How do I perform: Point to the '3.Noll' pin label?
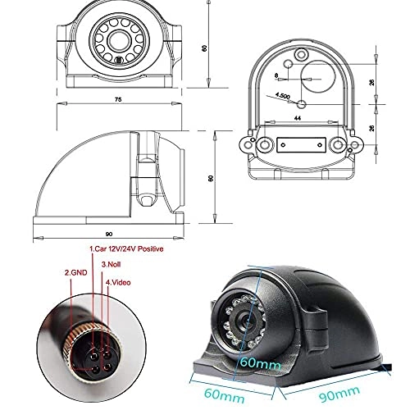[x=112, y=265]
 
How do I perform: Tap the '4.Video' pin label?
[x=120, y=284]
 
